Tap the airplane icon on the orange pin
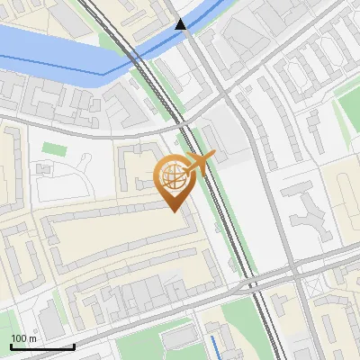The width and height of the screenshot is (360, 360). pyautogui.click(x=199, y=162)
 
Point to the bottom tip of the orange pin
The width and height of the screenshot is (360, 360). pyautogui.click(x=172, y=211)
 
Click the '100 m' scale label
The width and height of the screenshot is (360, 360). pyautogui.click(x=24, y=338)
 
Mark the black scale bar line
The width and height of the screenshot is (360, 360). pyautogui.click(x=42, y=346)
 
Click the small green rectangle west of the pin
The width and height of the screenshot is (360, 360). pyautogui.click(x=54, y=148)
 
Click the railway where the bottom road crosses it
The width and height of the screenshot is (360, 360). pyautogui.click(x=254, y=283)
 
